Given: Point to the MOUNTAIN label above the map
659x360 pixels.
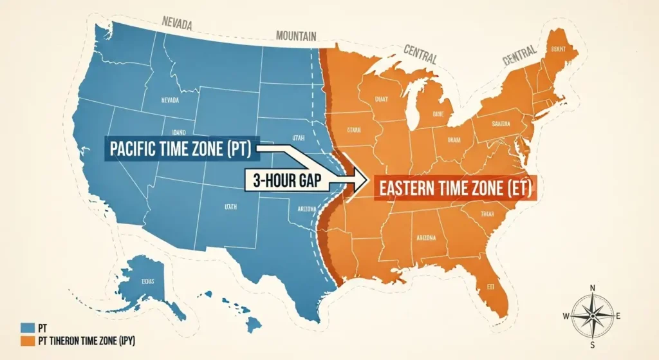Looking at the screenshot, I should (x=295, y=37).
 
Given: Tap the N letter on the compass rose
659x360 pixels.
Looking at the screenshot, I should (x=593, y=288).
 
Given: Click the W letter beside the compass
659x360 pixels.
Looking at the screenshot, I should (x=566, y=316).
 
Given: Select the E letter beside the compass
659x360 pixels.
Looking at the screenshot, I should (x=618, y=316).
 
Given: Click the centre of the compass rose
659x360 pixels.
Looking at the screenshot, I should (x=592, y=316).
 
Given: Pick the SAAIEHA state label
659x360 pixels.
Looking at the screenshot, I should (x=500, y=123).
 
